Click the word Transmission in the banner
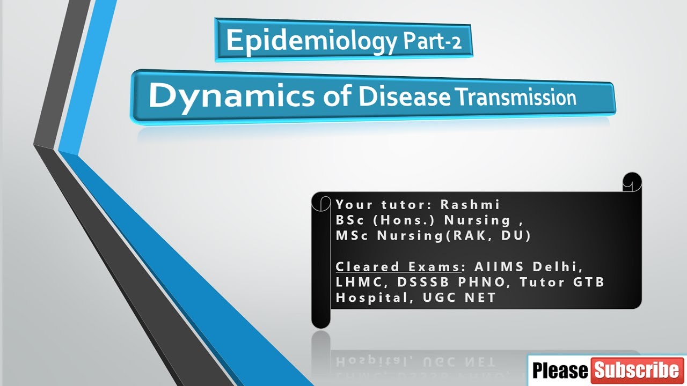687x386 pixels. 516,98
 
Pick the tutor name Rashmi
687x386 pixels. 470,205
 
